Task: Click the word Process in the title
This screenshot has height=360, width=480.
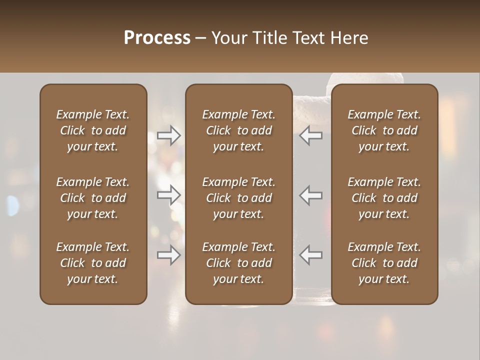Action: [x=157, y=37]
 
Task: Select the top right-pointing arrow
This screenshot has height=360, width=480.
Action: [x=169, y=135]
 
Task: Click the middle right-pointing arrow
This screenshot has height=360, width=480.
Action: [x=169, y=195]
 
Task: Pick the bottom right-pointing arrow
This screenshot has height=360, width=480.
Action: [x=169, y=255]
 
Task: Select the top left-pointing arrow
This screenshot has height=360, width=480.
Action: [x=311, y=135]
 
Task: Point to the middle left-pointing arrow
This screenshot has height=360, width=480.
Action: [x=311, y=195]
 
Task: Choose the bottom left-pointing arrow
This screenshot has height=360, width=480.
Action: [x=311, y=255]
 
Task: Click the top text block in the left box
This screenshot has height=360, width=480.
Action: [x=93, y=130]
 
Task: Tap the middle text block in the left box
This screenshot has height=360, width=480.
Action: [x=93, y=198]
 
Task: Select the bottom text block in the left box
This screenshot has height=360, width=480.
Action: [x=93, y=263]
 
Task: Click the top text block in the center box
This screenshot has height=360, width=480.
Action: [x=239, y=130]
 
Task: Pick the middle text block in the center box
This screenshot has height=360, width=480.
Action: [x=239, y=198]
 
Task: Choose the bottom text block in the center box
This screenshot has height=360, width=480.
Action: [x=239, y=263]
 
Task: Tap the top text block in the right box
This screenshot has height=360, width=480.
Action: [x=384, y=130]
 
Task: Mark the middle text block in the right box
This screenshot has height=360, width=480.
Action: [x=384, y=198]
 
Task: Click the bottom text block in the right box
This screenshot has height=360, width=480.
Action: [x=384, y=263]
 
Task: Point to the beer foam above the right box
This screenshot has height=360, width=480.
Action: [x=365, y=78]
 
